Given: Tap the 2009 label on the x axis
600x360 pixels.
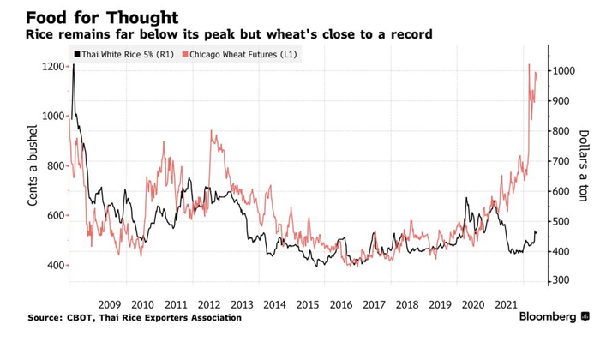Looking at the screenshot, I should click(110, 304).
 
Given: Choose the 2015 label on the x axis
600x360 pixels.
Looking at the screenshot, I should click(306, 304).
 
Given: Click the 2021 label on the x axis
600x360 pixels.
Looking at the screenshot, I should click(504, 304).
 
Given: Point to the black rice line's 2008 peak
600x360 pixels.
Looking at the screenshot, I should click(74, 65).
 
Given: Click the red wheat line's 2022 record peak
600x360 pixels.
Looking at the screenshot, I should click(529, 65).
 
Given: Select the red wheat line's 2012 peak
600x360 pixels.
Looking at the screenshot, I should click(211, 132).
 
